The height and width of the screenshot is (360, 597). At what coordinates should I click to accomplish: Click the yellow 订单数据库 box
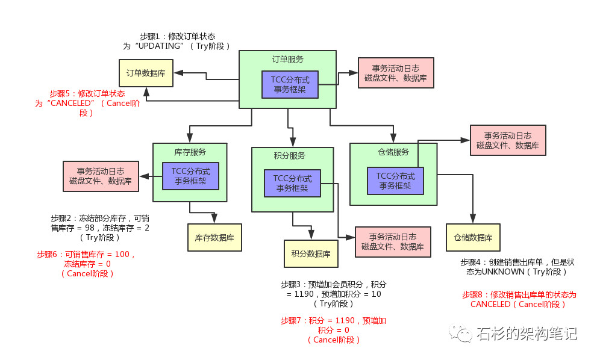point(146,73)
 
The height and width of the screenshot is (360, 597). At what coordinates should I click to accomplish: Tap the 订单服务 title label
point(287,60)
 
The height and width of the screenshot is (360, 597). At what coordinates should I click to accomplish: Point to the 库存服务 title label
point(190,152)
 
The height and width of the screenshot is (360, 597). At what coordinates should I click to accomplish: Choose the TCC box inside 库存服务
point(190,176)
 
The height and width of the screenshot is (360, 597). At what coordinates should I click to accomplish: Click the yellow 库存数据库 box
point(214,238)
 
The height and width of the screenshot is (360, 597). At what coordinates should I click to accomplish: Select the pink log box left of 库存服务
point(101,176)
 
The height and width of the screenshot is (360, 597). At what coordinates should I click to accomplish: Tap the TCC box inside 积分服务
point(292,183)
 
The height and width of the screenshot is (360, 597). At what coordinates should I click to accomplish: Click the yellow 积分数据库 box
point(311,253)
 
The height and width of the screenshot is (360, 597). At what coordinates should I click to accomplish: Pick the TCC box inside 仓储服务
point(395,181)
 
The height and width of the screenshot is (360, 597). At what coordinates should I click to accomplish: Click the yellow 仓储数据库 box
point(473,237)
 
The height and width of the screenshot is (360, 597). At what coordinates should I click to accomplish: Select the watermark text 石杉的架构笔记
point(526,333)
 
